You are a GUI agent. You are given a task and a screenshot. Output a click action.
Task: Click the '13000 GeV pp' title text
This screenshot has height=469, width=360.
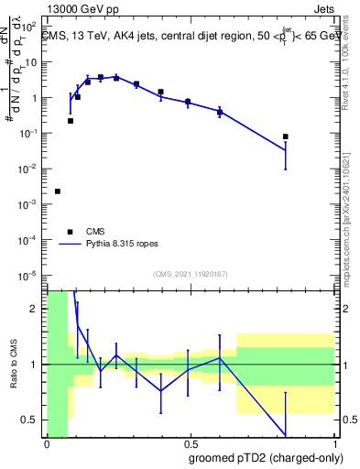coord(82,8)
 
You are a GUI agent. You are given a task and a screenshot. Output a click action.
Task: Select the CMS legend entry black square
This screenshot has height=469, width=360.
coord(70,232)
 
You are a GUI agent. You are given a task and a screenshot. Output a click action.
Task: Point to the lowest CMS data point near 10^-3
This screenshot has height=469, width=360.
coord(58,191)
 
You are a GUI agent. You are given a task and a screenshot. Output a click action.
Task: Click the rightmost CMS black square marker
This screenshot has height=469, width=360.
coord(286,136)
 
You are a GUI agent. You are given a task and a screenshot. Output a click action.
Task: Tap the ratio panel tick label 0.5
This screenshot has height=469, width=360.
coord(31,420)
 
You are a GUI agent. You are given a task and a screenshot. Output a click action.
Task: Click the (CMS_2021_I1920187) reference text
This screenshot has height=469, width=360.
coord(190,273)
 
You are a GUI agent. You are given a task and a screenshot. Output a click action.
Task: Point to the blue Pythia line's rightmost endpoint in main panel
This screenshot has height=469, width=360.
coord(286,151)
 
